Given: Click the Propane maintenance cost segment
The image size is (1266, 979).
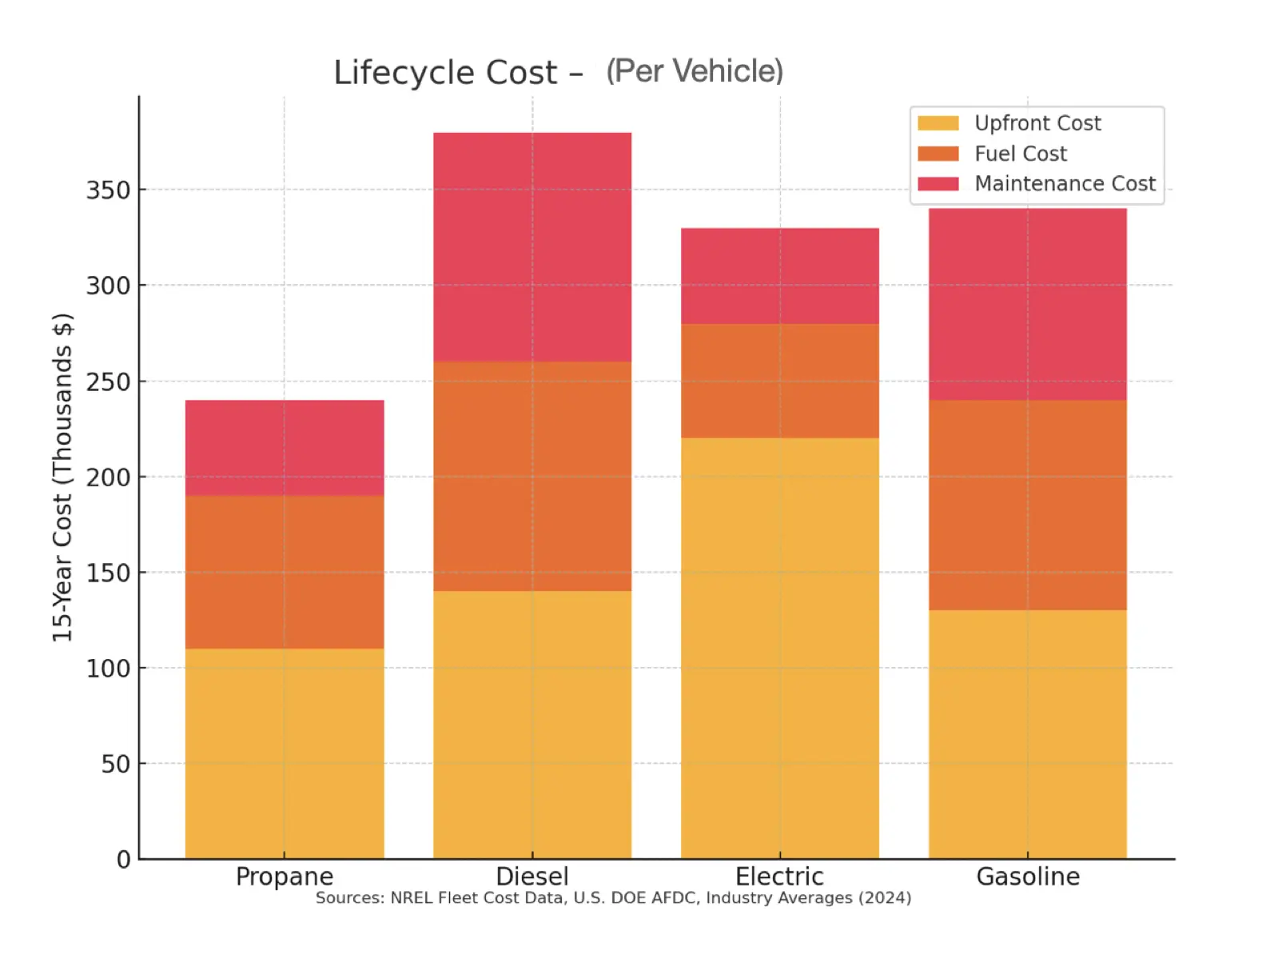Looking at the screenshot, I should click(x=285, y=448).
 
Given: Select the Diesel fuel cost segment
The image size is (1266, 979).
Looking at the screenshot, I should click(x=532, y=477).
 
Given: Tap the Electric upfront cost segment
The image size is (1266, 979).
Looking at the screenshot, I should click(x=780, y=648).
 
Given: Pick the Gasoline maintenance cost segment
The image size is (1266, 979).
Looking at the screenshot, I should click(x=1028, y=304).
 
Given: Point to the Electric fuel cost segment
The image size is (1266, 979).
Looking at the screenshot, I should click(x=780, y=381).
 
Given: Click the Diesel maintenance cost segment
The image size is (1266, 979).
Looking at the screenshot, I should click(x=532, y=247).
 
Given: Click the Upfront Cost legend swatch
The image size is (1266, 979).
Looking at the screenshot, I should click(x=938, y=123).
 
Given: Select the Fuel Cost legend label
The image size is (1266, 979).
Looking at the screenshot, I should click(x=1021, y=154).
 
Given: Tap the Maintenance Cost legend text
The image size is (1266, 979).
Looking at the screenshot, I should click(x=1065, y=184).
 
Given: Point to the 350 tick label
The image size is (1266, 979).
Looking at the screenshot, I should click(x=108, y=190).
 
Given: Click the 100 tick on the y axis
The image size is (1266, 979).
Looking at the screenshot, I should click(x=108, y=669).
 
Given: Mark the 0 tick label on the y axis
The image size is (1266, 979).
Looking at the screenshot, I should click(x=123, y=860).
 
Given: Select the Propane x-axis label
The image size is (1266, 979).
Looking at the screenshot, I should click(x=285, y=877).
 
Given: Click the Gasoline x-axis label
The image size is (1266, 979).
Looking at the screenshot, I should click(x=1028, y=877).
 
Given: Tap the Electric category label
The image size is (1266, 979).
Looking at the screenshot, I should click(x=779, y=877).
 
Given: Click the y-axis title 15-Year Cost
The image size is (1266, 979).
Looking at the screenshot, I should click(x=62, y=478).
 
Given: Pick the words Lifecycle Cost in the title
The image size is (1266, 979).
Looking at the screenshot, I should click(x=445, y=73).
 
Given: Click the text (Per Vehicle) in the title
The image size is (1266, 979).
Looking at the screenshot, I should click(x=695, y=71).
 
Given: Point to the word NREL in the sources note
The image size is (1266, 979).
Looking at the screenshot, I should click(x=411, y=898).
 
